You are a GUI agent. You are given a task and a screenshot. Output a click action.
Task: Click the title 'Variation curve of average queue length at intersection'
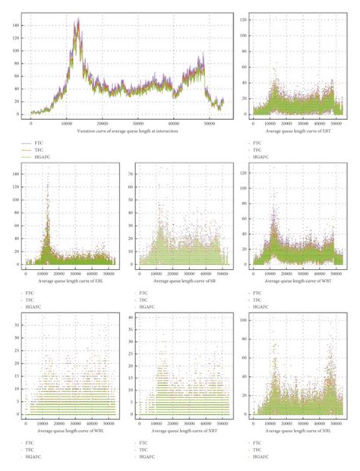point(125,131)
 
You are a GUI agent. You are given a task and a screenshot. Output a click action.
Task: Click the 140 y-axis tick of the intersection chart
point(16,24)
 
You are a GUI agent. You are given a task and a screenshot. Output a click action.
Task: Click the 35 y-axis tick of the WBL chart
point(19,319)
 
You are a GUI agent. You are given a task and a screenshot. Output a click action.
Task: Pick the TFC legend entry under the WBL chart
point(33,449)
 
